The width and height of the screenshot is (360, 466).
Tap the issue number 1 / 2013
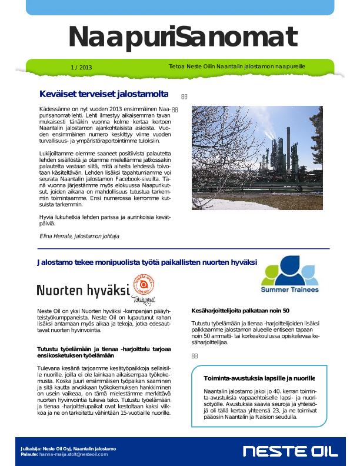point(81,68)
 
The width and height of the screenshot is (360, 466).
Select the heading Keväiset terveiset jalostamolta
point(104,94)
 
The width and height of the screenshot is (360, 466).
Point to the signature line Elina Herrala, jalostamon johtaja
point(79,236)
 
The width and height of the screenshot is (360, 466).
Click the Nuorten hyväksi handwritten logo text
point(83,290)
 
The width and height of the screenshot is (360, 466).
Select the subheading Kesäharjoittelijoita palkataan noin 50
point(241,311)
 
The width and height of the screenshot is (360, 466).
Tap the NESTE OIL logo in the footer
point(291,451)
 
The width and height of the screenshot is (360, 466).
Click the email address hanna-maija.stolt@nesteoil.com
point(74,454)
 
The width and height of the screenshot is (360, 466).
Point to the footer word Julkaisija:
point(31,449)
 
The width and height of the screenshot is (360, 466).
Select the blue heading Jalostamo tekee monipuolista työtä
point(146,262)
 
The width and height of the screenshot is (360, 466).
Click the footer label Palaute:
point(29,454)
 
